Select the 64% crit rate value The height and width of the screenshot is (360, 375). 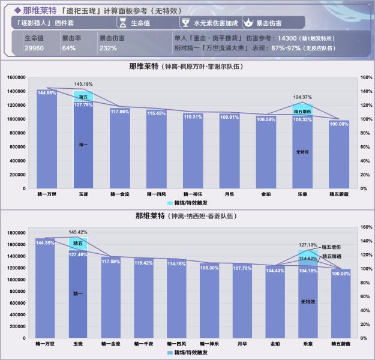click(x=68, y=47)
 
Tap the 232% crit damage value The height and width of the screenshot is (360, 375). click(x=108, y=47)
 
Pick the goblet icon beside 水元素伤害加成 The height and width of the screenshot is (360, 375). click(x=185, y=23)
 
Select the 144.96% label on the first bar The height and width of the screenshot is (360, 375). click(x=47, y=93)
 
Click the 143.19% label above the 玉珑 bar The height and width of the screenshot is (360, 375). click(x=83, y=84)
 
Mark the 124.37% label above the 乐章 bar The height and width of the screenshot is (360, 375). click(x=302, y=97)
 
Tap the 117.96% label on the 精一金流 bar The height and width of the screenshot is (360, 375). click(x=120, y=111)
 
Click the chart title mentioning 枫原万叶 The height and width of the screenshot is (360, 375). click(x=188, y=66)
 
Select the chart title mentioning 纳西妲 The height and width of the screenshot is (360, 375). click(x=188, y=215)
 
